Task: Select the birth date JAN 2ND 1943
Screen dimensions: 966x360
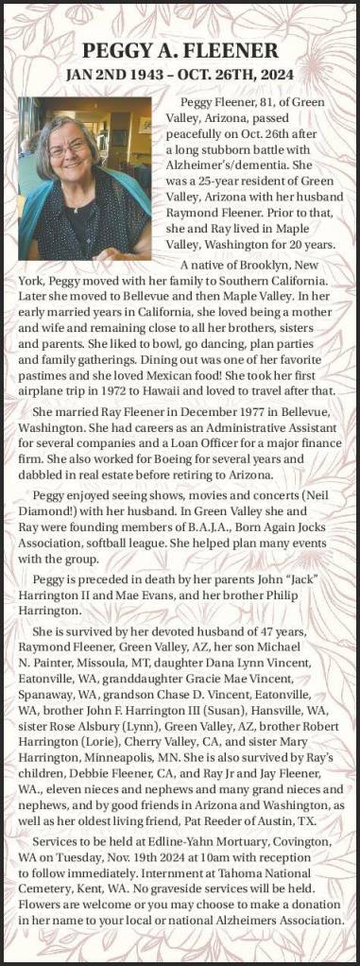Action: tap(111, 73)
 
